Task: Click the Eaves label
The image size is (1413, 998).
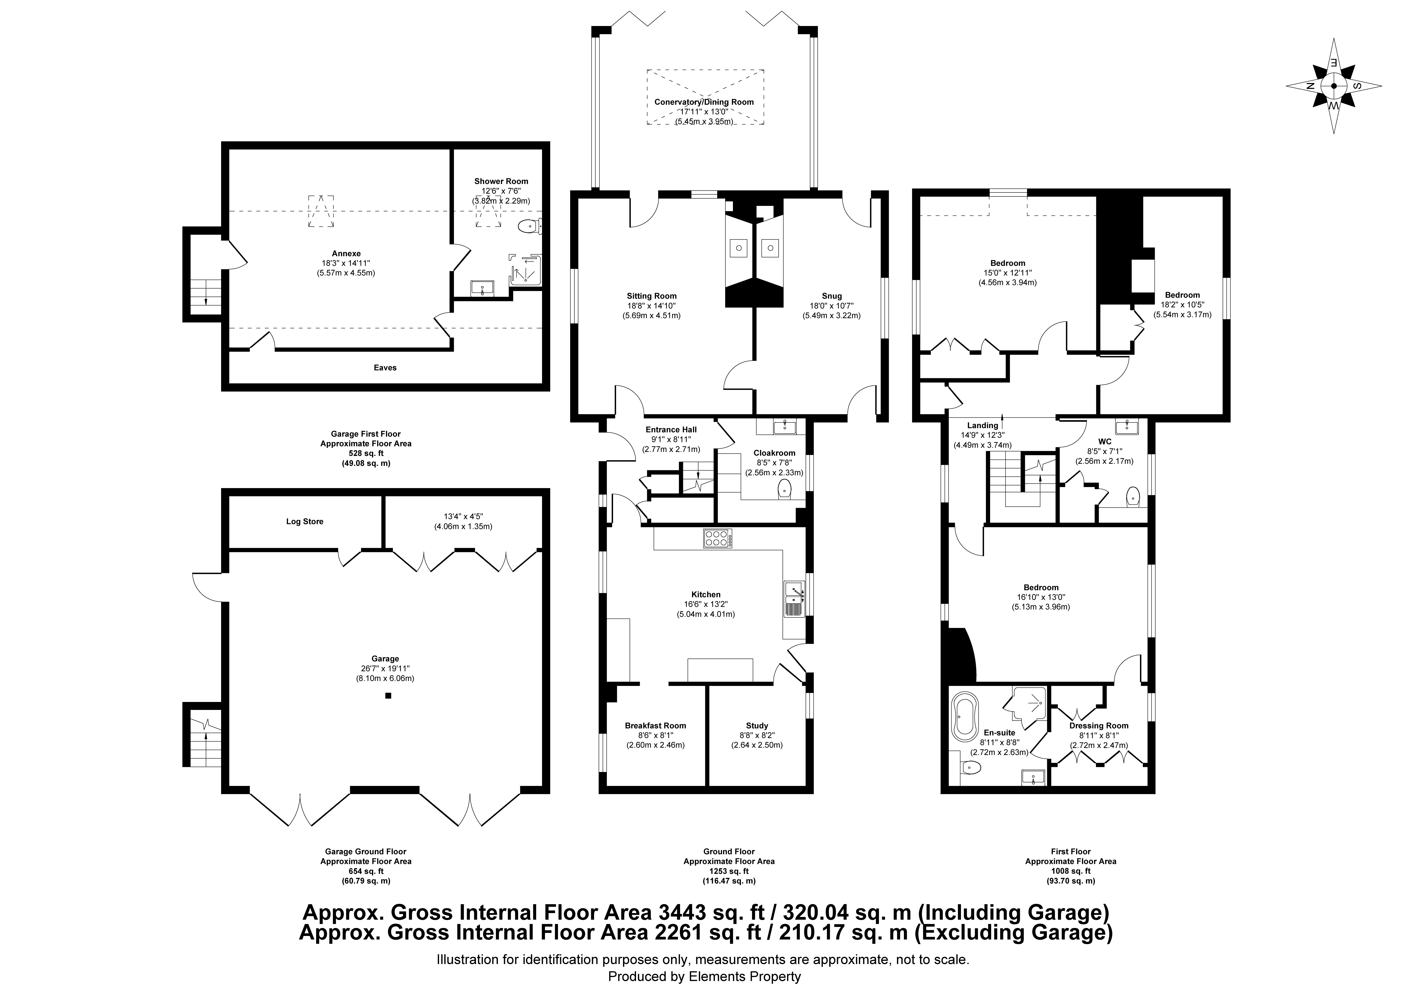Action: pos(385,368)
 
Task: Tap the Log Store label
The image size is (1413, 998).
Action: pos(305,522)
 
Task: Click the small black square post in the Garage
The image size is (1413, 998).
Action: pos(388,696)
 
